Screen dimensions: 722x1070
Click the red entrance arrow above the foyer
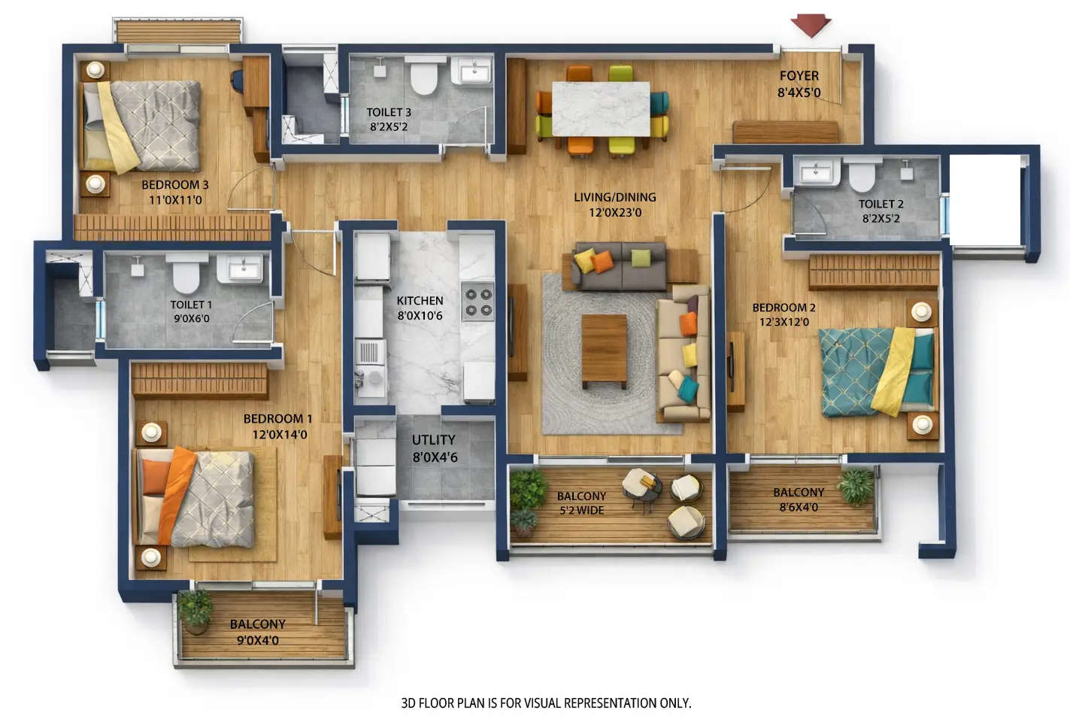811,25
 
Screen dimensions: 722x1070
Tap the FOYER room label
799,76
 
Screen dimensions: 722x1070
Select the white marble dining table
601,108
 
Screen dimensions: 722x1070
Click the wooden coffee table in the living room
604,350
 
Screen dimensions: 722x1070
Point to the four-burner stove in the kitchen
477,302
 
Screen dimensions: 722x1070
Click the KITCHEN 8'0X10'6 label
420,308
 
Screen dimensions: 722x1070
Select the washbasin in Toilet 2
818,173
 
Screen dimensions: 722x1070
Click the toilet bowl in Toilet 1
186,274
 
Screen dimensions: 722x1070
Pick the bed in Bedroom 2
877,370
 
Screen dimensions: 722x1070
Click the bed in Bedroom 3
143,126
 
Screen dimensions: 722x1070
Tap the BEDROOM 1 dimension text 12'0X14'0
280,435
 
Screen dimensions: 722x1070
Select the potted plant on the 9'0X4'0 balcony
196,608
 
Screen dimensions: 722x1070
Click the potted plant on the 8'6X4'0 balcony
856,485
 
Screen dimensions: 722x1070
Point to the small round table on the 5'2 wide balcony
641,484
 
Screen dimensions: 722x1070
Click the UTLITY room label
433,440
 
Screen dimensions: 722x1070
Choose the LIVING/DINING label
614,197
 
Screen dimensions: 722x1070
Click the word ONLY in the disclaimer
674,703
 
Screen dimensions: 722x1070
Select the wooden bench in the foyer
785,132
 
